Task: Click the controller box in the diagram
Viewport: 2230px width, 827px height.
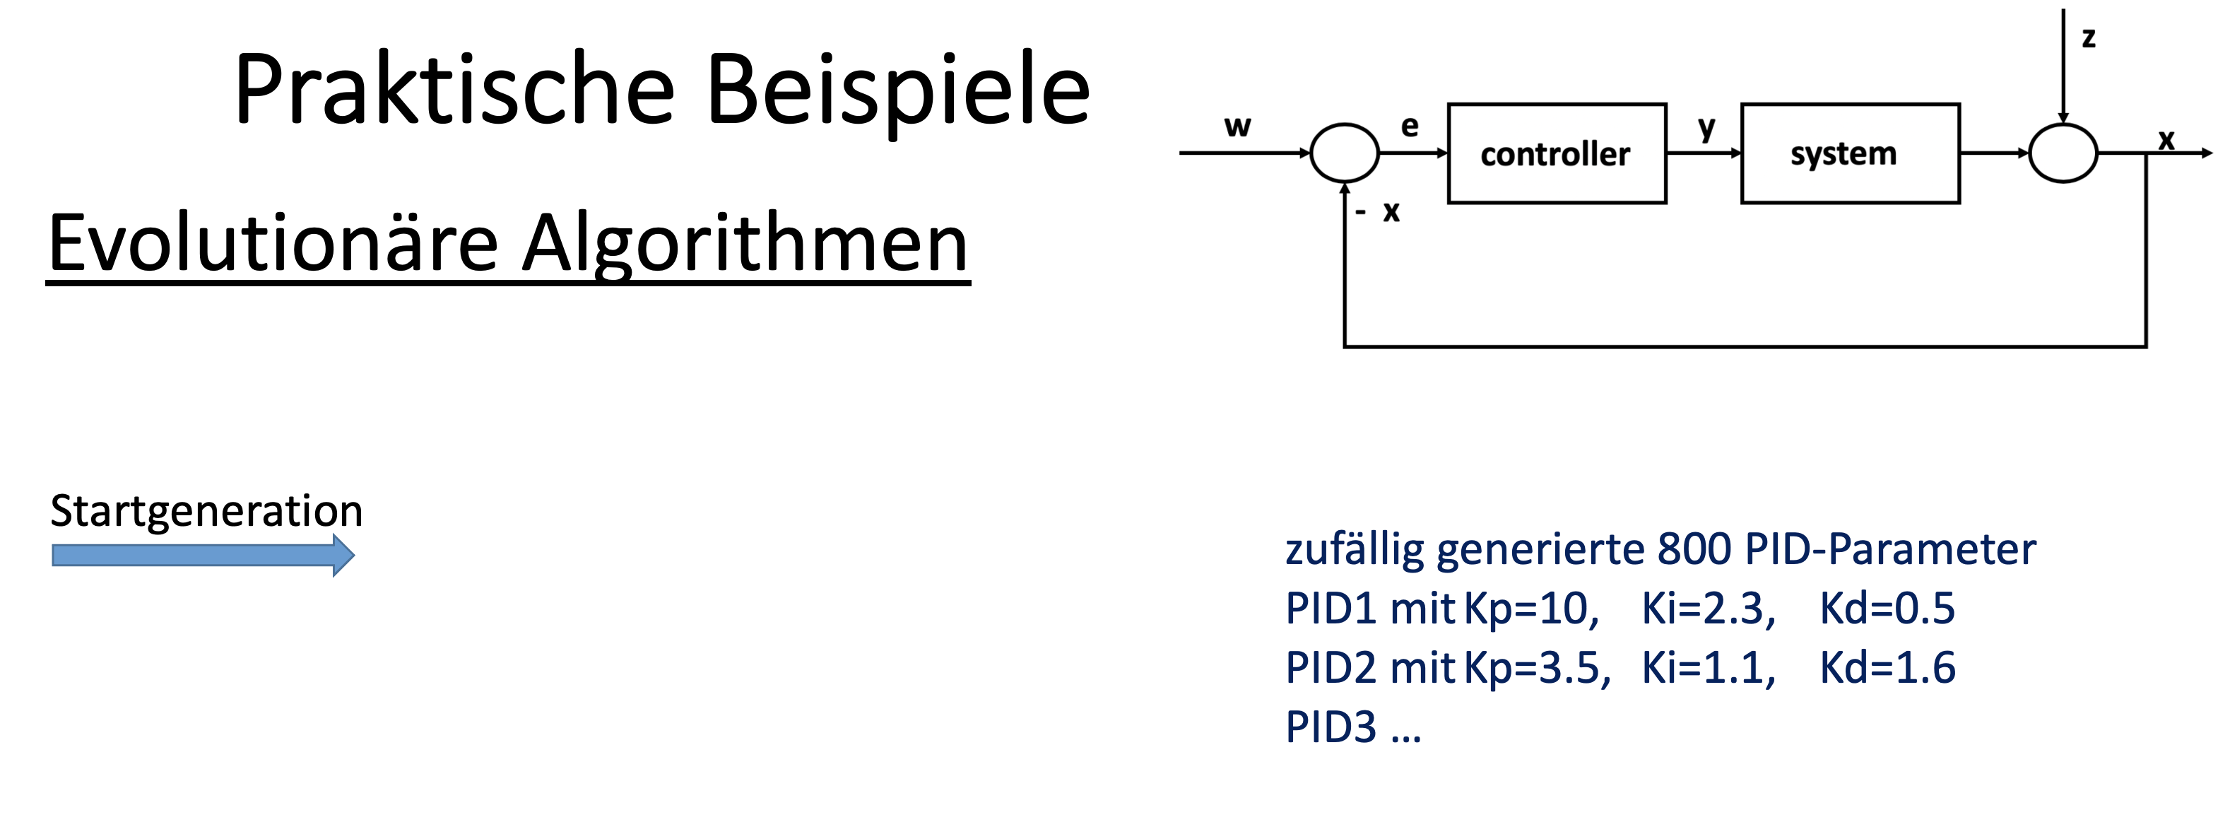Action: (x=1556, y=153)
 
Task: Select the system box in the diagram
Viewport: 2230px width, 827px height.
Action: (x=1850, y=153)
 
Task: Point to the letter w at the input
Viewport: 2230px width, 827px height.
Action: (x=1237, y=127)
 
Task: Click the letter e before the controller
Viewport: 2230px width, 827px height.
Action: (x=1410, y=127)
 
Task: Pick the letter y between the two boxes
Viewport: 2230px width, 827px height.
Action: (x=1706, y=128)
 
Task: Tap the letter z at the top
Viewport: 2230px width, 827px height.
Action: (x=2088, y=37)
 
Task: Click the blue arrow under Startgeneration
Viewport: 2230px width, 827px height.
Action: (x=203, y=555)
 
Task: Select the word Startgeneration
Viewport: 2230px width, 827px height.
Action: (x=206, y=510)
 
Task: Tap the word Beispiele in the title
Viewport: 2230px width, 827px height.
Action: (x=897, y=90)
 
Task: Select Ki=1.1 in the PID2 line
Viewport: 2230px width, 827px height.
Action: (x=1707, y=668)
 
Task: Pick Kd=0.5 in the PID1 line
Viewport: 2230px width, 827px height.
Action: (x=1887, y=608)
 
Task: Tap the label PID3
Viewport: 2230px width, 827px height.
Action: (x=1331, y=727)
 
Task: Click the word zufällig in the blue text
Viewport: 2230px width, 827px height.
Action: (x=1354, y=549)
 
